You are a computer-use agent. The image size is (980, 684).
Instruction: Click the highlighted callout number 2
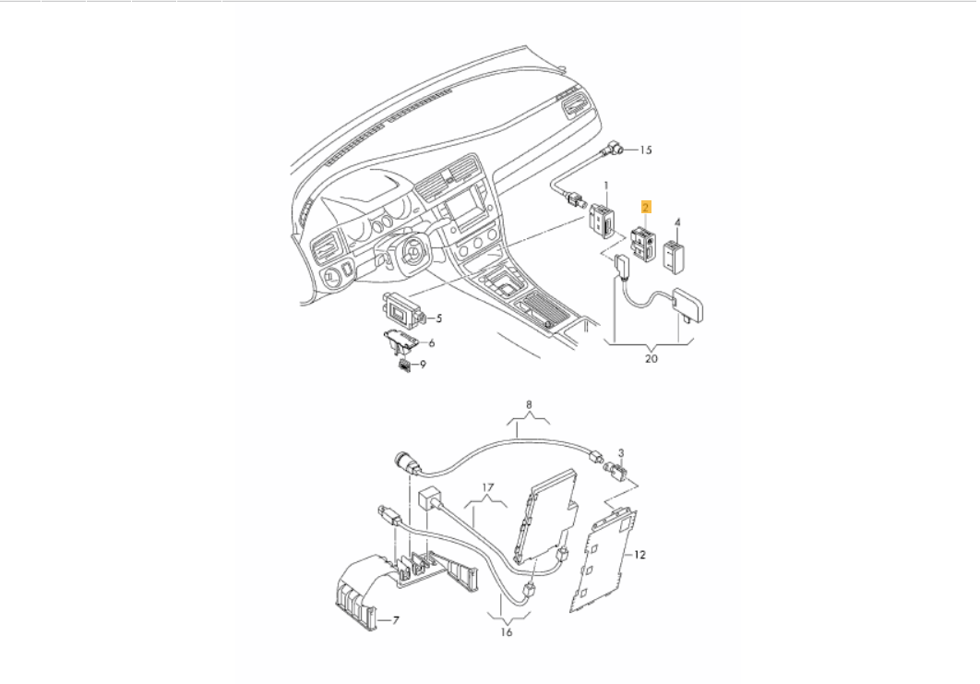coord(647,208)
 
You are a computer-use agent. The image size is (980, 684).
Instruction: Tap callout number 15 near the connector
coord(645,150)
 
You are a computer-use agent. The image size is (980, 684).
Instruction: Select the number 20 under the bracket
coord(651,359)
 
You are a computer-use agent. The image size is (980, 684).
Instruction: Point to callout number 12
coord(640,555)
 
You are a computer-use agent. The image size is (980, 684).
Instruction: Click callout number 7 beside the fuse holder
coord(397,620)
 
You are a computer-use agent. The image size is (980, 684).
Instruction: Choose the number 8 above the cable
coord(529,404)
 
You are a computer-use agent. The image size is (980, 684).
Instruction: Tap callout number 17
coord(488,486)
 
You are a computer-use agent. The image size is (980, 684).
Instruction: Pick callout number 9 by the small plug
coord(424,365)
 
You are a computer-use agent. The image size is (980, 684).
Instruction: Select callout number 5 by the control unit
coord(438,318)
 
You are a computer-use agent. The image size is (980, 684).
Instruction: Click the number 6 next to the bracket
coord(431,342)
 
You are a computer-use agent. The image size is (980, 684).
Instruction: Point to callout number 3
coord(622,452)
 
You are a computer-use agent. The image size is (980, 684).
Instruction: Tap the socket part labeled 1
coord(602,221)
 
